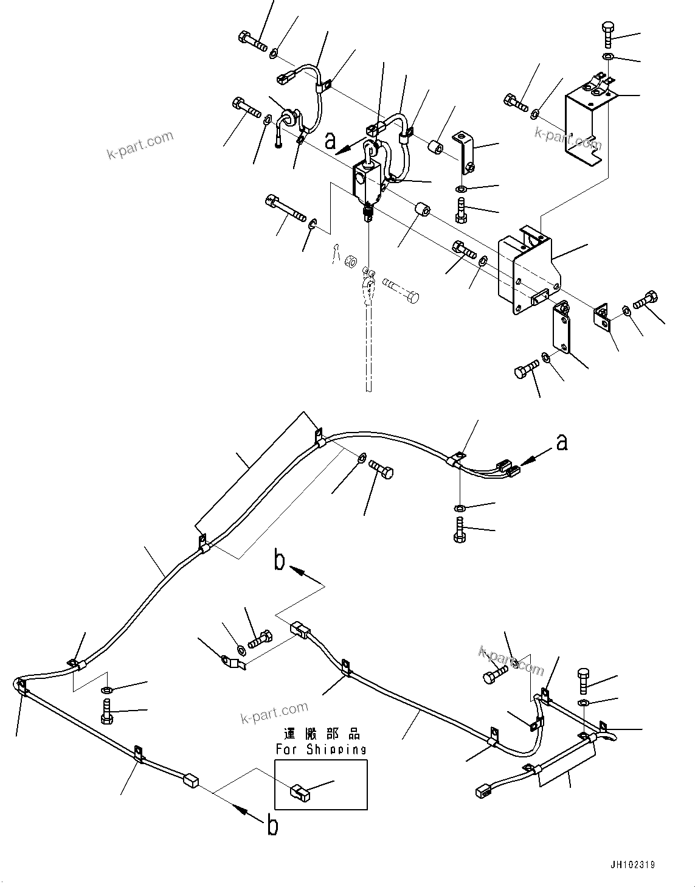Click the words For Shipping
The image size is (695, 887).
tap(320, 750)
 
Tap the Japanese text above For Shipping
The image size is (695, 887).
tap(321, 734)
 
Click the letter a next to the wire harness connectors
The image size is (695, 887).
tap(562, 443)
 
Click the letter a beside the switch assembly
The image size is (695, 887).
tap(330, 141)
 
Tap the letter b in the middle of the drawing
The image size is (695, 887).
tap(279, 561)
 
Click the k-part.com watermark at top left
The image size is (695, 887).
tap(140, 146)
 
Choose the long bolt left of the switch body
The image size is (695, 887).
tap(285, 208)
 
